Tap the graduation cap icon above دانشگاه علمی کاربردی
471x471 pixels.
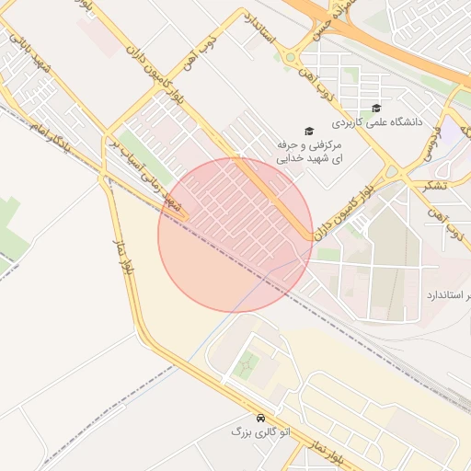click(375, 109)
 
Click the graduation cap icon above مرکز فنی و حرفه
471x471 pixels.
click(309, 132)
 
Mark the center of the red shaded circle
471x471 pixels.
click(235, 235)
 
